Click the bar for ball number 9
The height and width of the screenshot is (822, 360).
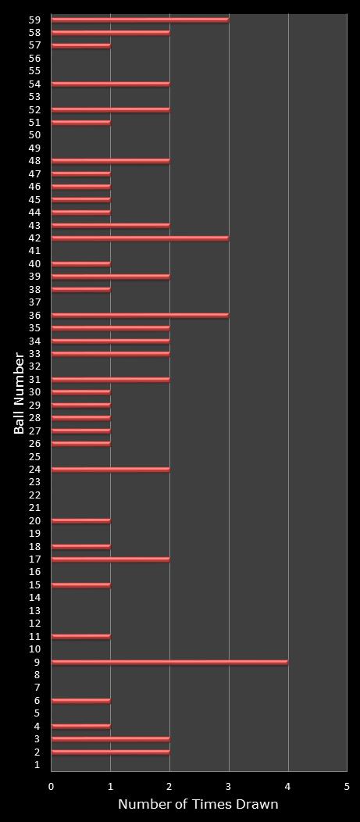coord(169,662)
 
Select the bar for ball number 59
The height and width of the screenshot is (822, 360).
coord(140,20)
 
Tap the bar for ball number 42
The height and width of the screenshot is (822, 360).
coord(140,238)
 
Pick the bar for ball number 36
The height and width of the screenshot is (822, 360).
coord(140,315)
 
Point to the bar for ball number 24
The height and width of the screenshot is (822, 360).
coord(110,469)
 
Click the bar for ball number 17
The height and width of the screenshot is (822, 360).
coord(110,559)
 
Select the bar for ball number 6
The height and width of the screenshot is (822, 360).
coord(80,700)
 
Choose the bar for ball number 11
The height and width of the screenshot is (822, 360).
coord(80,636)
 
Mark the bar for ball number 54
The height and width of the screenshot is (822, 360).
coord(110,84)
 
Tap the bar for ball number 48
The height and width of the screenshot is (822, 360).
coord(110,161)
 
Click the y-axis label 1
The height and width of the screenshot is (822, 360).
coord(37,765)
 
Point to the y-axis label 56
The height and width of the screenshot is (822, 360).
coord(34,58)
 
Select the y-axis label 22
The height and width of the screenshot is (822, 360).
coord(34,495)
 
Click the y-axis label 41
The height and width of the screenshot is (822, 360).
coord(34,251)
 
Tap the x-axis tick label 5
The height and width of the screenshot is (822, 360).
coord(347,786)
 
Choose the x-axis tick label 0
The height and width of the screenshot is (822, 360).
coord(52,786)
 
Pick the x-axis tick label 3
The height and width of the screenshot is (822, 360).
coord(229,786)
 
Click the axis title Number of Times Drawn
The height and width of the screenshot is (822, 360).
coord(198,804)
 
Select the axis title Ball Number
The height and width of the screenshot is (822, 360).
coord(19,393)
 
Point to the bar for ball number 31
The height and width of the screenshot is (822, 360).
coord(110,379)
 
